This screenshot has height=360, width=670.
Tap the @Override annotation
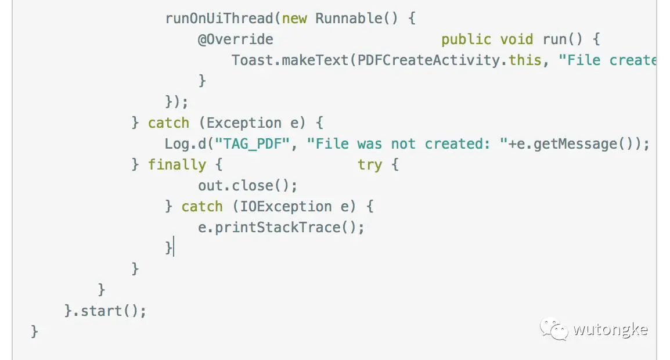(x=236, y=39)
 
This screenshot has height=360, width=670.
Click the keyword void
(x=517, y=39)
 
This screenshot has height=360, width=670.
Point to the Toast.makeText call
(x=290, y=60)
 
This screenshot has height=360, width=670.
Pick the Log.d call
(x=186, y=144)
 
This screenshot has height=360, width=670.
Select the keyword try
(x=370, y=165)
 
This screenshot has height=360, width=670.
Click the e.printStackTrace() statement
(x=282, y=228)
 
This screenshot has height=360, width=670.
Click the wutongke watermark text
(x=610, y=330)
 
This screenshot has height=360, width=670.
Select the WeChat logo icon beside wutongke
(x=554, y=330)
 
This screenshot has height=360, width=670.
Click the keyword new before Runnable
(x=294, y=19)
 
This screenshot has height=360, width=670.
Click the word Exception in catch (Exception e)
(x=244, y=123)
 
